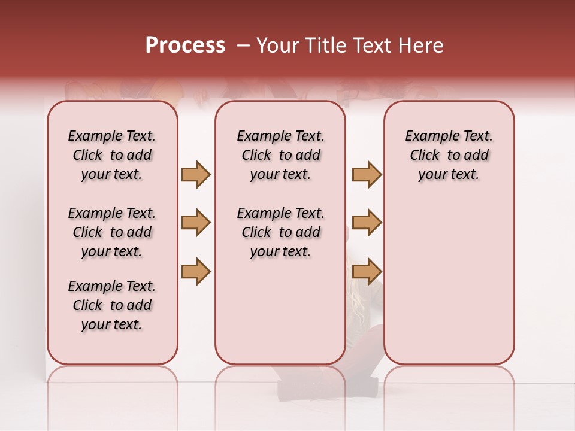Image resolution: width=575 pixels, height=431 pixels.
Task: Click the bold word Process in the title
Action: coord(185,45)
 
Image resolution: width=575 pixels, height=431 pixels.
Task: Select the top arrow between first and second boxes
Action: coord(196,175)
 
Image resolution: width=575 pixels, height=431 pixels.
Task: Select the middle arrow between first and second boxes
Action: coord(196,223)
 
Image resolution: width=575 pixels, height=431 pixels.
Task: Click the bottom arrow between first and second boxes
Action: coord(196,271)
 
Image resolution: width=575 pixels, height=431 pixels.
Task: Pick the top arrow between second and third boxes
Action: coord(367,175)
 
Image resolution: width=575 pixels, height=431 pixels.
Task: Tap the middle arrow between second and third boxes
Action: coord(367,223)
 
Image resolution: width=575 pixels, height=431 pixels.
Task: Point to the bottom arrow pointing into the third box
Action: coord(367,271)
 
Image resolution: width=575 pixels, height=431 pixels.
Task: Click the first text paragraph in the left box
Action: coord(112,155)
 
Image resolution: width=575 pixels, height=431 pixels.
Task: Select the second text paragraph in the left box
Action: coord(112,232)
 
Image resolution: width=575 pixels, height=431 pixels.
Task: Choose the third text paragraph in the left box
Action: coord(112,305)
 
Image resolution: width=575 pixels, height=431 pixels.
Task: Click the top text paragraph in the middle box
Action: coord(280,155)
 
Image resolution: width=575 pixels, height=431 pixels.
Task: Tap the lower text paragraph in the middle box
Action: coord(280,232)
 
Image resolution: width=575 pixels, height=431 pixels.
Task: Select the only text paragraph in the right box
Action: coord(449,155)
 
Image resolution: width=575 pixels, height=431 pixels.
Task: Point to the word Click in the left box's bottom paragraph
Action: coord(87,305)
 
